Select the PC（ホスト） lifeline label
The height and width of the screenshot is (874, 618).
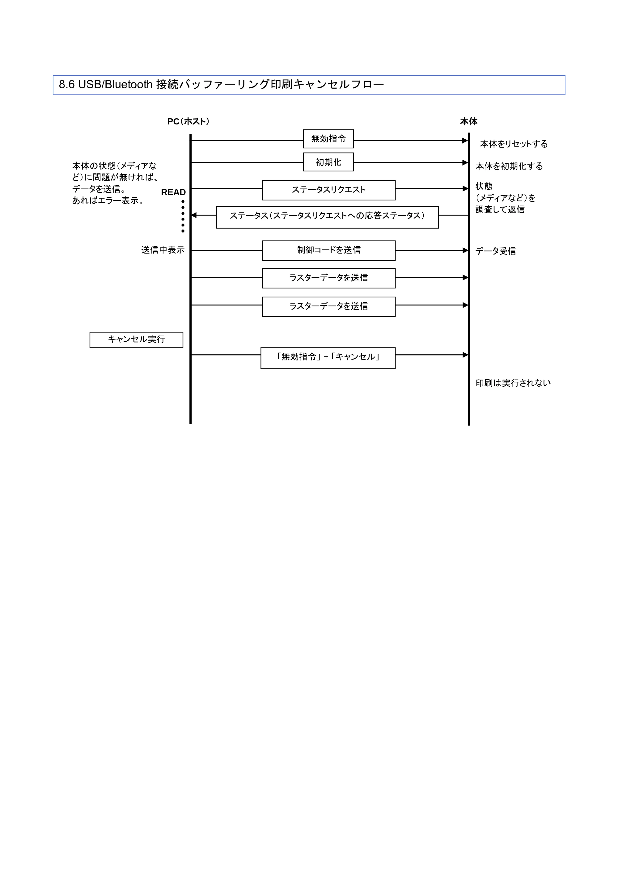pyautogui.click(x=188, y=121)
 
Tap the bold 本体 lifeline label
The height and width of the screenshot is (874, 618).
pyautogui.click(x=469, y=121)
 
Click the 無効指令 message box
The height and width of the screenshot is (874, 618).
pyautogui.click(x=328, y=139)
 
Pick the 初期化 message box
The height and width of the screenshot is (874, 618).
pyautogui.click(x=328, y=162)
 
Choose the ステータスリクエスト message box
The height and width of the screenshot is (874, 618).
pyautogui.click(x=328, y=190)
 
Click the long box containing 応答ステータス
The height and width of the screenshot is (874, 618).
pyautogui.click(x=328, y=217)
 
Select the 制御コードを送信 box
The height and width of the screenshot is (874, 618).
pyautogui.click(x=328, y=250)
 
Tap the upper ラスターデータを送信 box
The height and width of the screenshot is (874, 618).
pyautogui.click(x=328, y=278)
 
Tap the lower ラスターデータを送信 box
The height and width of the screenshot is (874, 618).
pyautogui.click(x=328, y=306)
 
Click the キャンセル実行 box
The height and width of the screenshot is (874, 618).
pyautogui.click(x=136, y=339)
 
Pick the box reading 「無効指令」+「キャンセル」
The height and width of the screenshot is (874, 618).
pyautogui.click(x=328, y=358)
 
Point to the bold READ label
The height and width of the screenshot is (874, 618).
pyautogui.click(x=173, y=192)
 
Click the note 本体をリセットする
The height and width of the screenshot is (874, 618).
pyautogui.click(x=514, y=144)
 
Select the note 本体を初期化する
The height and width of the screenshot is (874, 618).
pyautogui.click(x=509, y=166)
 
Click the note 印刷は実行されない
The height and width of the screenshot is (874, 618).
pyautogui.click(x=513, y=383)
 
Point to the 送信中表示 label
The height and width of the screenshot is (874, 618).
pyautogui.click(x=163, y=250)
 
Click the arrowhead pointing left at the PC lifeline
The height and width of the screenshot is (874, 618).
pyautogui.click(x=194, y=215)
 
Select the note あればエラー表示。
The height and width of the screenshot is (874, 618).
pyautogui.click(x=108, y=201)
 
